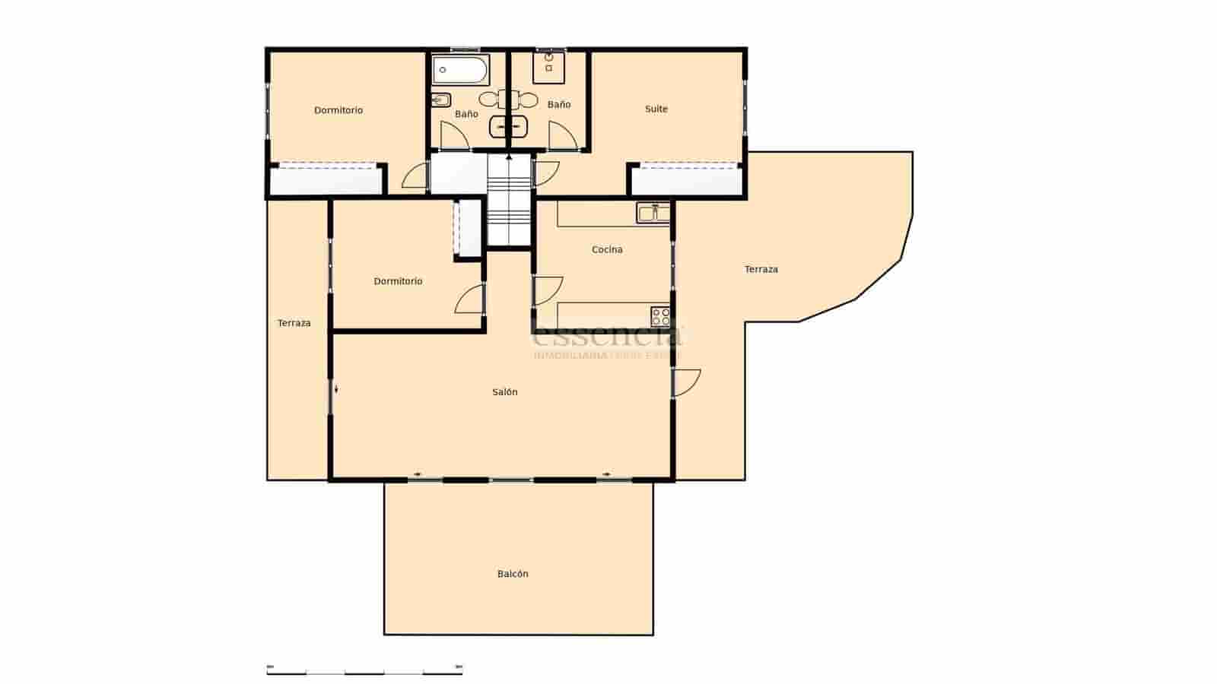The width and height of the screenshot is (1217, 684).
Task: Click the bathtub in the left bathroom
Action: pyautogui.click(x=460, y=71)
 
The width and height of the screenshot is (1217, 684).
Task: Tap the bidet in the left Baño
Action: pyautogui.click(x=441, y=100)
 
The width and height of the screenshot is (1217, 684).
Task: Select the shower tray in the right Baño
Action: pyautogui.click(x=549, y=67)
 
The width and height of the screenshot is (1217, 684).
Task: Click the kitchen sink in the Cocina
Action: pyautogui.click(x=653, y=214)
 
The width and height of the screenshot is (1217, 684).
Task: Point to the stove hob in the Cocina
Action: pyautogui.click(x=660, y=316)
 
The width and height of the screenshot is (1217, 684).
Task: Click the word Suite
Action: pyautogui.click(x=656, y=109)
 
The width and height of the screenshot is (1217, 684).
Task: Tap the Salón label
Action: pyautogui.click(x=505, y=392)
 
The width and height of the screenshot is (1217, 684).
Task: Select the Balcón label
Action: pyautogui.click(x=513, y=574)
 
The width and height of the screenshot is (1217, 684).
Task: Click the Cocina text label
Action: pyautogui.click(x=607, y=249)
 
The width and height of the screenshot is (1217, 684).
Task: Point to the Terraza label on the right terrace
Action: pyautogui.click(x=761, y=269)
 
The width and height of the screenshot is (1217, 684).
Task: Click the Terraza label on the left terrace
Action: pyautogui.click(x=294, y=323)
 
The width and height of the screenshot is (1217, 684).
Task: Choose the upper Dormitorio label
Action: pyautogui.click(x=338, y=110)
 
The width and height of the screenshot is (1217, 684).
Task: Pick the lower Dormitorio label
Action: pyautogui.click(x=398, y=281)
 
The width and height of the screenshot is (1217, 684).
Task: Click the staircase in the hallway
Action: pyautogui.click(x=509, y=201)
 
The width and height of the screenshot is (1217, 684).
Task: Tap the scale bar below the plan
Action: pyautogui.click(x=364, y=670)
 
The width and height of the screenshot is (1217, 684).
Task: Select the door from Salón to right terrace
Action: pyautogui.click(x=686, y=382)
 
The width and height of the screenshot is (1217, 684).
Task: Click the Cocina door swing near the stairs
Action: pyautogui.click(x=546, y=290)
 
